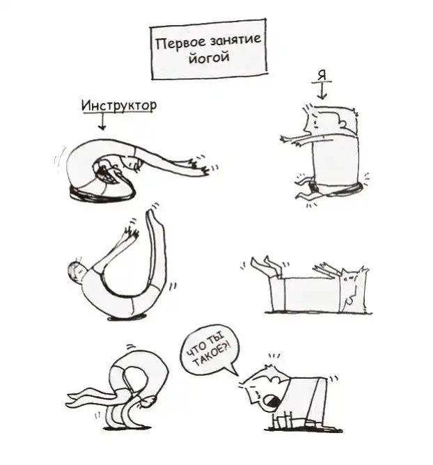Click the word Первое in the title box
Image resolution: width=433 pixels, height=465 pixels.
[180, 44]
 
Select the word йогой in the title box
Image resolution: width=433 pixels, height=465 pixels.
[209, 56]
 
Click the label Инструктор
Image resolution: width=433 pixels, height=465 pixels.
[119, 106]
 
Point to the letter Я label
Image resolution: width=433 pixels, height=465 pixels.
[322, 76]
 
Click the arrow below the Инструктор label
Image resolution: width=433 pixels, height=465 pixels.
[102, 122]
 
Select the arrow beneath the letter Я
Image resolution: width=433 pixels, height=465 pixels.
[322, 91]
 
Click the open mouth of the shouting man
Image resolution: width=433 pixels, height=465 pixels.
[272, 401]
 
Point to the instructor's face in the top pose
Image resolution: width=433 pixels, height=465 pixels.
[106, 171]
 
